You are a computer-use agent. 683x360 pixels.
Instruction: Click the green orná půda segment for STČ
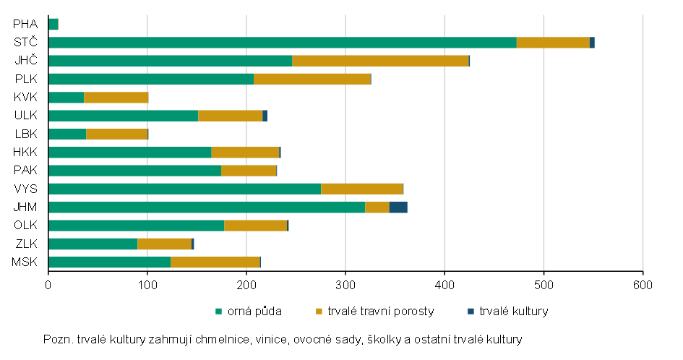coord(283,42)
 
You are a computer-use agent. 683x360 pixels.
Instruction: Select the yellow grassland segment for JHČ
coord(380,61)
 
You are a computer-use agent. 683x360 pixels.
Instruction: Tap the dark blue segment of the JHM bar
coord(398,207)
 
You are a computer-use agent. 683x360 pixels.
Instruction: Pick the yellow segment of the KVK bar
coord(116,98)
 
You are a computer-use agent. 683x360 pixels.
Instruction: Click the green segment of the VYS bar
coord(185,189)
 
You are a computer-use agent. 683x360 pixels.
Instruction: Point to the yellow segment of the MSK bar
coord(215,262)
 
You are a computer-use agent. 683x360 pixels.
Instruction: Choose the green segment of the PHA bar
coord(53,25)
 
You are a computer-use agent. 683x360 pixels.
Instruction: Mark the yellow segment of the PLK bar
coord(312,80)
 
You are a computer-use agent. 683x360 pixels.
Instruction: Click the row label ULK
coord(26,116)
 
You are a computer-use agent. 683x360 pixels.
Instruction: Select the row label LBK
coord(26,134)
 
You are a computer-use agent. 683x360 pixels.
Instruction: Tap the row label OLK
coord(26,226)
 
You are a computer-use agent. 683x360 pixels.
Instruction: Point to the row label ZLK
coord(27,244)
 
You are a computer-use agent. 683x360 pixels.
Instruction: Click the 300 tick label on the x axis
coord(345,286)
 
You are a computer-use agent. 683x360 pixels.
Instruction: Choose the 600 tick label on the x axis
coord(643,286)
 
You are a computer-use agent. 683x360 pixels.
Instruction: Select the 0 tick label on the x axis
coord(48,286)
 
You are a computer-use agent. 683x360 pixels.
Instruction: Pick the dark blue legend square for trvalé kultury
coord(471,311)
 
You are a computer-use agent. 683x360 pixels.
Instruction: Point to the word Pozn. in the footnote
coord(59,340)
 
